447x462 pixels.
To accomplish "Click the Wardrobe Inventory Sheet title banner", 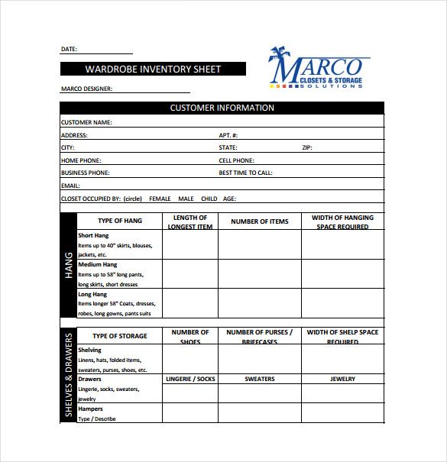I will click(x=153, y=69).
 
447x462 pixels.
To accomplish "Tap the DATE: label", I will click(x=69, y=49).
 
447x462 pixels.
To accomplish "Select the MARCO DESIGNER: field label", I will click(x=86, y=89).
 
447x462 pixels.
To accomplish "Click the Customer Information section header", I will click(x=222, y=108).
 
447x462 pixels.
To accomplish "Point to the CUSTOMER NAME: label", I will click(x=86, y=122).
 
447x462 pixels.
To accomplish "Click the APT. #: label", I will click(x=228, y=135).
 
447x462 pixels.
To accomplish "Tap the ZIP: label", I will click(x=306, y=147).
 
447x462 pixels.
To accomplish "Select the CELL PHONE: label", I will click(x=236, y=160).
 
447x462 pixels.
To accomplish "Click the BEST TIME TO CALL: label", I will click(x=245, y=173).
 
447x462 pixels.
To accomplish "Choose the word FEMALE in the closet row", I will click(x=160, y=199).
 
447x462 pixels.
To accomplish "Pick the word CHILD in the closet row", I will click(x=209, y=199).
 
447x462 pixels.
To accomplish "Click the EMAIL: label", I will click(x=70, y=186).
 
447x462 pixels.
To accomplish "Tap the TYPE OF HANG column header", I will click(x=120, y=221).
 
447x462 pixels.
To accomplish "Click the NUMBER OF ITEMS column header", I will click(x=260, y=221).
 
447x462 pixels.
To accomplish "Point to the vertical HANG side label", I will click(x=68, y=265).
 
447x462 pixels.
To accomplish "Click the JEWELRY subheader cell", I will click(x=342, y=379).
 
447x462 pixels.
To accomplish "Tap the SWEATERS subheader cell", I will click(x=260, y=379).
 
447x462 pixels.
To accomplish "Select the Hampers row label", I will click(x=90, y=409).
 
